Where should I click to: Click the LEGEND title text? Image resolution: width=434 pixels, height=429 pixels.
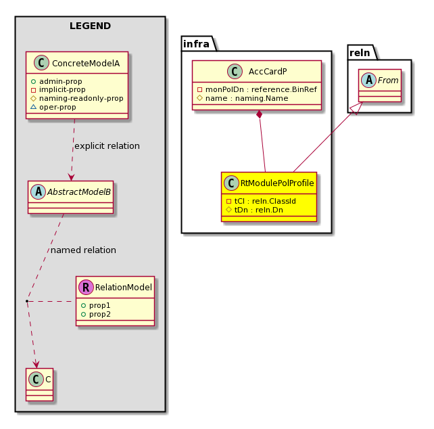point(90,26)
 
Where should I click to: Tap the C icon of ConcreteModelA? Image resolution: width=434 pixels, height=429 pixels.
point(41,63)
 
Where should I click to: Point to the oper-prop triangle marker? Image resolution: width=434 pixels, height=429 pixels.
point(33,107)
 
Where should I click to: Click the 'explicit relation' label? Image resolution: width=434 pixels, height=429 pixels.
point(107,145)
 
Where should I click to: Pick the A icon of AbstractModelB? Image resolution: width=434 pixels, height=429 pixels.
point(39,191)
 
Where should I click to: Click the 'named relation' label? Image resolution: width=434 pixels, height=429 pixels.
point(83,250)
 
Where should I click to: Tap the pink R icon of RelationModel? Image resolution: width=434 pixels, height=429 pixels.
point(86,287)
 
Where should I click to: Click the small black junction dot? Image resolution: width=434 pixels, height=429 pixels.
point(27,301)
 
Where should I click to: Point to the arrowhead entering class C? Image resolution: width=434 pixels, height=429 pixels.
point(37,365)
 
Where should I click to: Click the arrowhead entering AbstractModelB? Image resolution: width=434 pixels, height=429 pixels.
point(71,177)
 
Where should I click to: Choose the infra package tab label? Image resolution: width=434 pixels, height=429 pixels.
point(196,44)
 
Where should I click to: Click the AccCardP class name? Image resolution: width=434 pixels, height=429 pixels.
point(268,72)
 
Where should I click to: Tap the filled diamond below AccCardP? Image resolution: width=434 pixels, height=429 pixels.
point(260,114)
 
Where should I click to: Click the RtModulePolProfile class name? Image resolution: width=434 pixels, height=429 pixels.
point(277,183)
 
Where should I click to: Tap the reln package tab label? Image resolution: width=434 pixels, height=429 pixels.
point(360,53)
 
